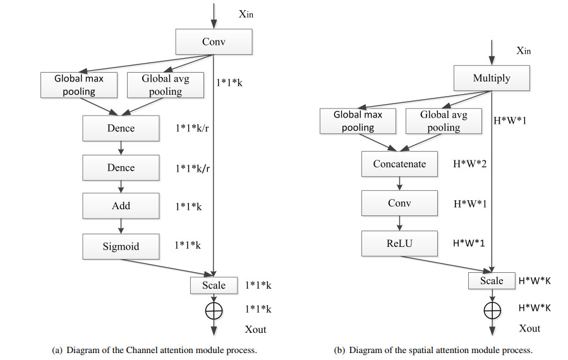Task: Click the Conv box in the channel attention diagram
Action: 214,43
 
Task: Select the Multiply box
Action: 492,79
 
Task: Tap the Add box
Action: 121,206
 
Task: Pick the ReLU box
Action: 399,242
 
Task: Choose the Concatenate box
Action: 399,164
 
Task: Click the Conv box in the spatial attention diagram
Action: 399,203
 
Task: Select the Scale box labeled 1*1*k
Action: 214,285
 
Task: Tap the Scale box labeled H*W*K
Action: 492,280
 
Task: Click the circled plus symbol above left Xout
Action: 214,309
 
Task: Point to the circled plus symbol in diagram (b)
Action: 492,309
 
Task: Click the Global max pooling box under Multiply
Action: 358,121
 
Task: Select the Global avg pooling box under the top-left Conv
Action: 165,85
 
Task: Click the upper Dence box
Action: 121,129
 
